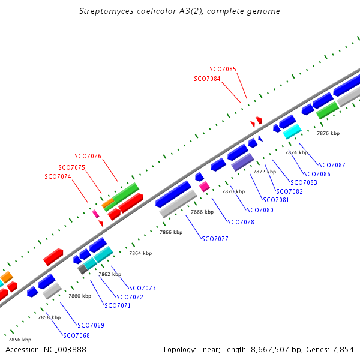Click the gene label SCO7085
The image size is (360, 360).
[223, 69]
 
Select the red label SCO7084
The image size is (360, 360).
[207, 79]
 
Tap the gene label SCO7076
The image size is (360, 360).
[88, 157]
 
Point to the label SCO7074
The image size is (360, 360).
[58, 176]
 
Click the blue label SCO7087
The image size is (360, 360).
[332, 165]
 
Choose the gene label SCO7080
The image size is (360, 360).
[260, 210]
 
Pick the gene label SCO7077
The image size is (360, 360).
[215, 239]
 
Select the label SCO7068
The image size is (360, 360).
[76, 335]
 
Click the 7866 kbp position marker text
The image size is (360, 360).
[170, 232]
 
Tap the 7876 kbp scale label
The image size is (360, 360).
[328, 133]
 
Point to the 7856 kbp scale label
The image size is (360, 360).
[19, 340]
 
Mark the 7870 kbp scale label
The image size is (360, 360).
[233, 191]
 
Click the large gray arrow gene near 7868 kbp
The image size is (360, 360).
[178, 204]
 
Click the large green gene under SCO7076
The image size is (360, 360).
[127, 193]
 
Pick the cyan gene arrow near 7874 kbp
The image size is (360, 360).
[292, 131]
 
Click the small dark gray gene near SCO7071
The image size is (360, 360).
[83, 269]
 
